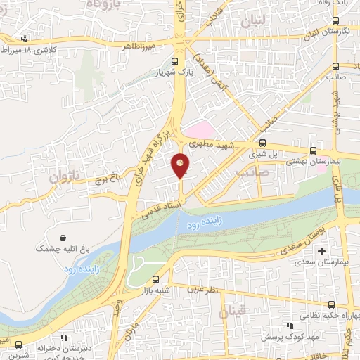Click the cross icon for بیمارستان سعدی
pyautogui.click(x=322, y=251)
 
